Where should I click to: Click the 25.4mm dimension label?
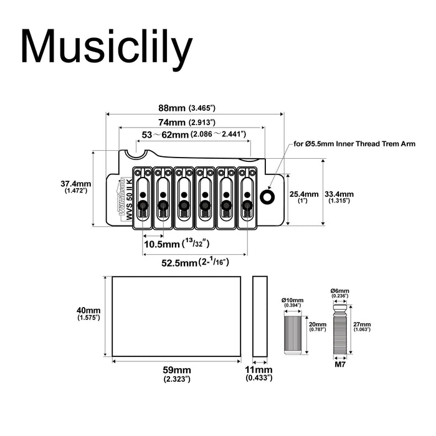tap(304, 197)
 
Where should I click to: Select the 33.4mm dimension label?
tap(339, 197)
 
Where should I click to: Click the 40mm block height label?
tap(88, 313)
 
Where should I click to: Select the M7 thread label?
tap(340, 366)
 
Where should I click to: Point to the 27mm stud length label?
tap(361, 326)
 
